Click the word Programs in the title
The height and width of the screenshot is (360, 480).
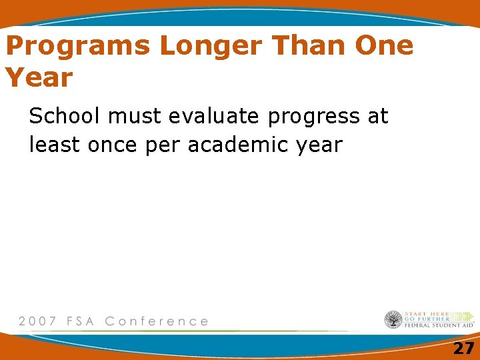point(78,47)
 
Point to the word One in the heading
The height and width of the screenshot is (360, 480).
point(384,46)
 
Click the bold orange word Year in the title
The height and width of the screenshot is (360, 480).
point(39,78)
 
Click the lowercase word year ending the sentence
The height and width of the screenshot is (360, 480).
point(317,145)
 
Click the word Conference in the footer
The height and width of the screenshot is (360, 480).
point(157,321)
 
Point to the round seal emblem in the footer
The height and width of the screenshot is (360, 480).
point(393,320)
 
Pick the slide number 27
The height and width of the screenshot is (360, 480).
point(463,348)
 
